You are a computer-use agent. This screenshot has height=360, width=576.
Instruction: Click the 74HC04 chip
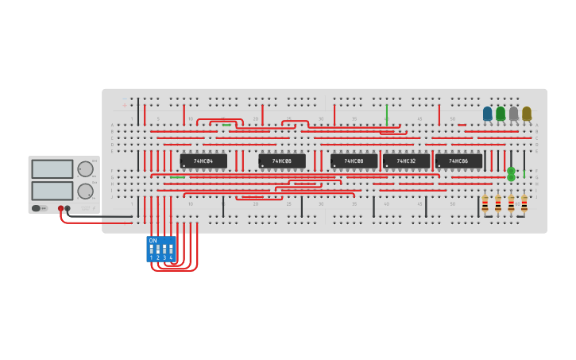click(x=203, y=161)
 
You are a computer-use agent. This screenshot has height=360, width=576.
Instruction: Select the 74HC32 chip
click(x=406, y=161)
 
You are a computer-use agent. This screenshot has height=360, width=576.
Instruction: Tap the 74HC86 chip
click(x=458, y=161)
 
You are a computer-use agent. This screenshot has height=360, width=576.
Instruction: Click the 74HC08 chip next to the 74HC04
click(x=282, y=161)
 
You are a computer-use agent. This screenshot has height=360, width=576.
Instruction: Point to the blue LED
click(x=488, y=114)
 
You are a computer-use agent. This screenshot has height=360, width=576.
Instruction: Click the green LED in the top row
click(x=501, y=114)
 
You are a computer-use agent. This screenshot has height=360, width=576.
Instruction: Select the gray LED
click(x=513, y=114)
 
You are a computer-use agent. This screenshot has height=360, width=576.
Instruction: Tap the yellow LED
click(x=526, y=114)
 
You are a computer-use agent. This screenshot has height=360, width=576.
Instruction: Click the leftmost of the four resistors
click(x=485, y=204)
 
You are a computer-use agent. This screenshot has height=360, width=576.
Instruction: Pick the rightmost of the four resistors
click(x=524, y=204)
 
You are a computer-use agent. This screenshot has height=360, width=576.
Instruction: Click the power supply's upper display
click(x=52, y=169)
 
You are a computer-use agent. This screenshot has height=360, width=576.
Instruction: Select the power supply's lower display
click(x=52, y=191)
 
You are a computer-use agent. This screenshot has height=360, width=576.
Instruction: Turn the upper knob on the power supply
click(x=85, y=169)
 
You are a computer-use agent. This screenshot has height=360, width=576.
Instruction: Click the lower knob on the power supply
click(x=85, y=191)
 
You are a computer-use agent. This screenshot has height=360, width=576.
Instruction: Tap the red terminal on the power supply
click(x=60, y=208)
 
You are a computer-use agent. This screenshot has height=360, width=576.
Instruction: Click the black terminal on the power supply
click(x=68, y=208)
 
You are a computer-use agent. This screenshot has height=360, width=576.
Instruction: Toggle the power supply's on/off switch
click(x=37, y=208)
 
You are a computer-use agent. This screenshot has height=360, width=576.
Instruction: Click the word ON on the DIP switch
click(x=153, y=241)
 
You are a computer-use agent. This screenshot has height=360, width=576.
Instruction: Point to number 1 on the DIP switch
click(x=151, y=257)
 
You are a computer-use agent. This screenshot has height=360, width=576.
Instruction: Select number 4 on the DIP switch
click(x=171, y=257)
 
